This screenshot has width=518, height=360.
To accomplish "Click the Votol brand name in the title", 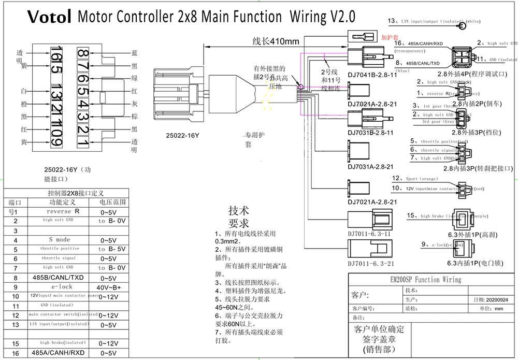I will point(49,17).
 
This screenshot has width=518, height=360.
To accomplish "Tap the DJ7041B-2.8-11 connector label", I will point(372,75).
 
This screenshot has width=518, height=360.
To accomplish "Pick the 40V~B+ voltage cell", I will point(109,286).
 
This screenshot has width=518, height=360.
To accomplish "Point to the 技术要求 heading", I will point(239,218).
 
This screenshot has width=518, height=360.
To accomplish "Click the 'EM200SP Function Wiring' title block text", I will point(429,280).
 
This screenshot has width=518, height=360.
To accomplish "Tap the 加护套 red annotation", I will point(388,38).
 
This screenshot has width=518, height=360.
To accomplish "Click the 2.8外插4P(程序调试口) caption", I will point(471,74).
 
